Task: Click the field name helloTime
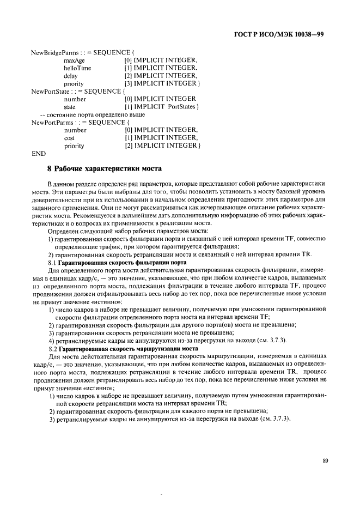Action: click(x=77, y=68)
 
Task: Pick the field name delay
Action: click(x=71, y=76)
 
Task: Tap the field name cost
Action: click(x=70, y=138)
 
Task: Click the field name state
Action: click(x=70, y=107)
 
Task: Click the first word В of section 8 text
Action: click(x=50, y=186)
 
